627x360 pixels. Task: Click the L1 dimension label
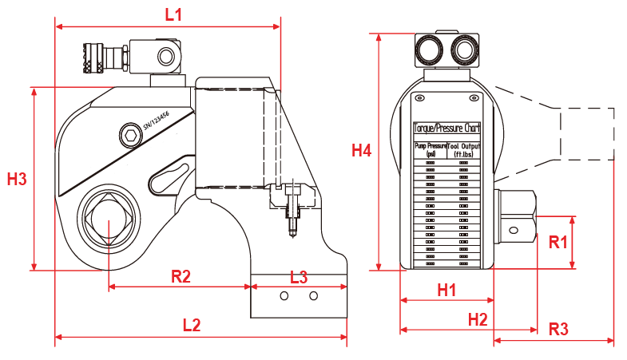point(173,14)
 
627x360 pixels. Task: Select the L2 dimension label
point(191,325)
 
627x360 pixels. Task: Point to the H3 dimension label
point(17,179)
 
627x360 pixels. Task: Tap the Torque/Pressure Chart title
point(446,128)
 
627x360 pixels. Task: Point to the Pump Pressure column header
point(430,150)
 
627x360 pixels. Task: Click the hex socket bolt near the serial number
point(128,133)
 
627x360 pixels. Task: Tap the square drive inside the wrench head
point(109,222)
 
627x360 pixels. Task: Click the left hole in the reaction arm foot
point(284,297)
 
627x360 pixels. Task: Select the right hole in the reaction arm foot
point(313,297)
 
